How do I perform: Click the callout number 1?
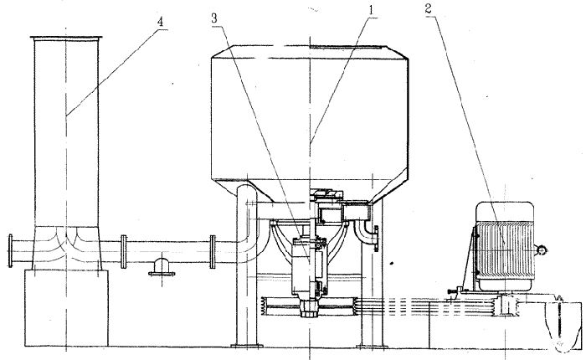tap(371, 10)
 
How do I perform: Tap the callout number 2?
tap(429, 8)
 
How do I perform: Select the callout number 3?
tap(214, 18)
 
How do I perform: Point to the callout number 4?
tap(160, 22)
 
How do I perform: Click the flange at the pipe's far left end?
tap(10, 251)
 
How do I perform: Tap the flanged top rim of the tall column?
tap(66, 38)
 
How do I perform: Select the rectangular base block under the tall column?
tap(66, 307)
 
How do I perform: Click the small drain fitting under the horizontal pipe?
tap(162, 267)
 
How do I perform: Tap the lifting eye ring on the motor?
tap(542, 249)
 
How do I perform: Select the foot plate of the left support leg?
tap(246, 346)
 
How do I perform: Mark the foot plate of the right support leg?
tap(371, 346)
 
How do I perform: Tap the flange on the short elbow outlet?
tap(376, 238)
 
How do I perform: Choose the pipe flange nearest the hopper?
tap(213, 251)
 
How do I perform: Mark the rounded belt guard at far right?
tap(561, 321)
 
